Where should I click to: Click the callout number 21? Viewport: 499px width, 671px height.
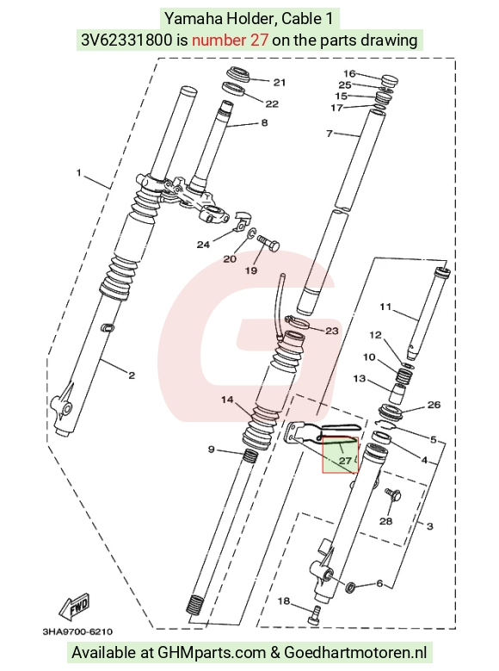point(280,82)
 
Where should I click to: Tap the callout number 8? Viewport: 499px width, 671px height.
point(264,123)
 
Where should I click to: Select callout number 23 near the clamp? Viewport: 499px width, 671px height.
point(332,331)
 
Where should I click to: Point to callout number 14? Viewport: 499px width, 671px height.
point(227,400)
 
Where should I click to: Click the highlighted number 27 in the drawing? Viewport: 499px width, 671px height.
point(345,461)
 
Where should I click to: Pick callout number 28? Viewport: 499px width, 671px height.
point(385,521)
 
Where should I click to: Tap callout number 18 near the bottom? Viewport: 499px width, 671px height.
point(284,601)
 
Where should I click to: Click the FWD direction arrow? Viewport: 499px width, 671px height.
point(74,607)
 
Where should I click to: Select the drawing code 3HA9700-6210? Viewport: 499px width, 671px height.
point(77,631)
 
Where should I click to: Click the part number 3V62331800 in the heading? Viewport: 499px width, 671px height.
point(127,40)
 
